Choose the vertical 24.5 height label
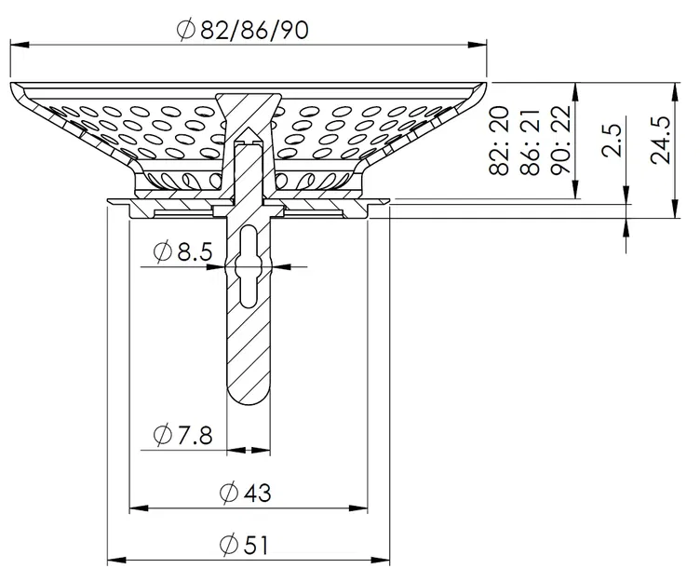point(662,140)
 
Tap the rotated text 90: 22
point(559,142)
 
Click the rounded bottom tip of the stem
point(249,401)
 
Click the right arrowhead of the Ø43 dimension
point(362,508)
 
